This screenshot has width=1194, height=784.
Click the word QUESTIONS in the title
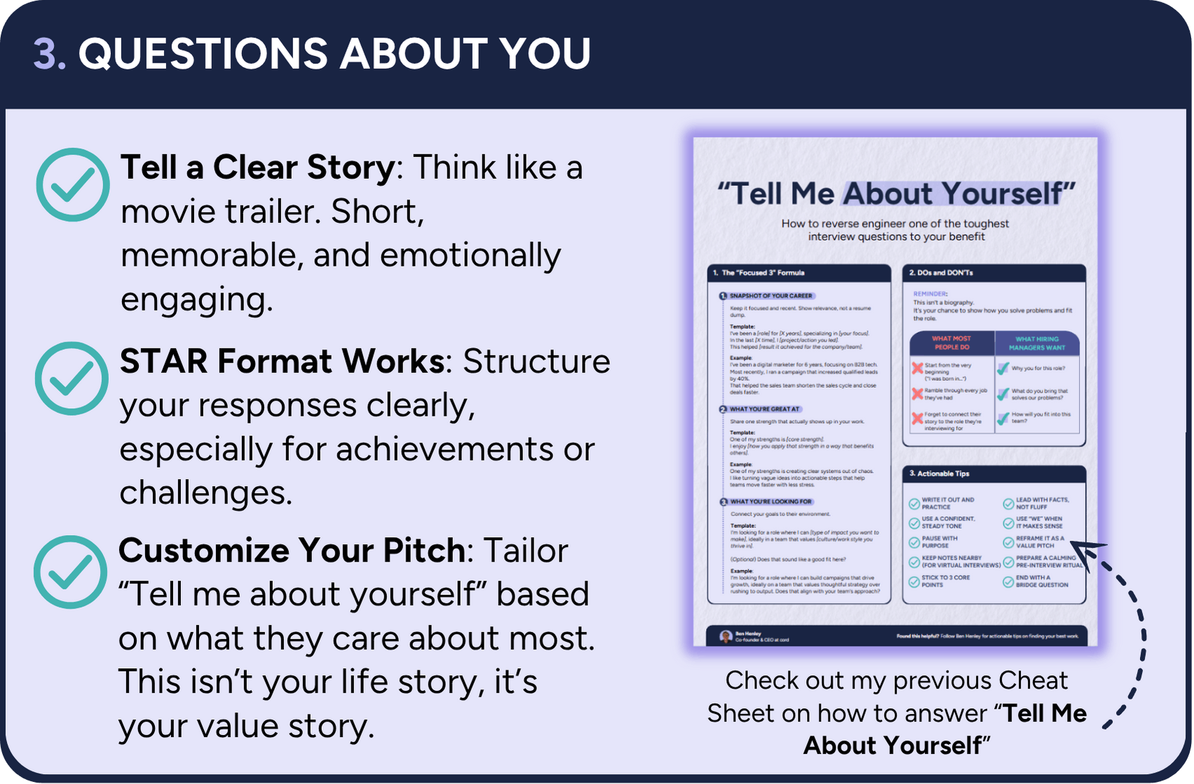[203, 54]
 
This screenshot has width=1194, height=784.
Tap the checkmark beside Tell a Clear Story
[72, 185]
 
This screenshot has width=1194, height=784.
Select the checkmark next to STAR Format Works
[72, 379]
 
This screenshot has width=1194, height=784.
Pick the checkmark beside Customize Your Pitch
[71, 572]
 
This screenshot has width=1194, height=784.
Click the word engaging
[196, 299]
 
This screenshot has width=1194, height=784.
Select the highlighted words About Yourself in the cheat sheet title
[958, 194]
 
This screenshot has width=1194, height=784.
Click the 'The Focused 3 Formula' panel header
[799, 273]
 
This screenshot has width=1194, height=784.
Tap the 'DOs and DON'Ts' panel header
[993, 273]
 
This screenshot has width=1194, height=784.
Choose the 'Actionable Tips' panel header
[993, 474]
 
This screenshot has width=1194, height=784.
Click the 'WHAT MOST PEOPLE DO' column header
[951, 343]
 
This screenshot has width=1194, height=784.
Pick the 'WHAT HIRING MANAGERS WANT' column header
[1036, 343]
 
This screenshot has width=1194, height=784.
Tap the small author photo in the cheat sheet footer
[726, 637]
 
